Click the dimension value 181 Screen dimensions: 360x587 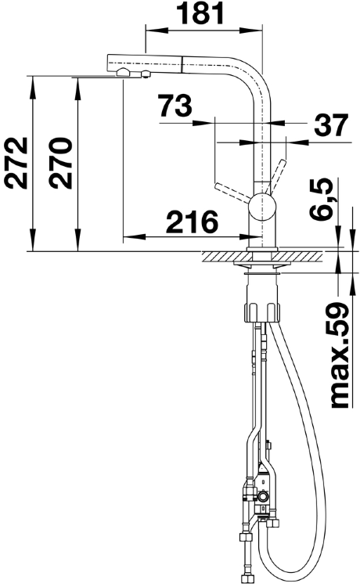200,13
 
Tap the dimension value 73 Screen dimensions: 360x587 175,105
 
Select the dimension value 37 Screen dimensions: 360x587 331,125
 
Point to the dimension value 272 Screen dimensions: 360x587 16,163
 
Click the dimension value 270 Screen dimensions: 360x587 60,163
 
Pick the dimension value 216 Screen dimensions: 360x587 192,222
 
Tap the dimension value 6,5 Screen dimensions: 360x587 321,199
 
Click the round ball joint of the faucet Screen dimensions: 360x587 262,207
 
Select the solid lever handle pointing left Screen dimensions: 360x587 232,193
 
